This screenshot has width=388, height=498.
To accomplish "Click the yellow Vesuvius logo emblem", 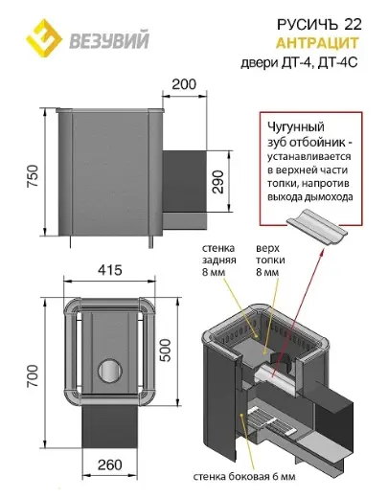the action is [x=44, y=38].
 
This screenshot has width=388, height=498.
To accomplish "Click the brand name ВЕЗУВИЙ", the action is [x=109, y=40].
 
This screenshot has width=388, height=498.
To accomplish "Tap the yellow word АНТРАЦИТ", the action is [x=317, y=43].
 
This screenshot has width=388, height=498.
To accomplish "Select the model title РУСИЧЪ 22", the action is [x=319, y=24].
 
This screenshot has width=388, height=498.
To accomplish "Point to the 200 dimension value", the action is [x=184, y=84].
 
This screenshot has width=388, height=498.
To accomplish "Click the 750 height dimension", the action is [x=33, y=176].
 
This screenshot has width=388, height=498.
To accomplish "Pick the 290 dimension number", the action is [x=218, y=182].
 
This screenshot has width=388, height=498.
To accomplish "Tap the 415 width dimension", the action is [x=110, y=270].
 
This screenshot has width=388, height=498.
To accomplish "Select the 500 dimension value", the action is [x=165, y=350].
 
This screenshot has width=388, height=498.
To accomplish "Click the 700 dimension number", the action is [x=33, y=376].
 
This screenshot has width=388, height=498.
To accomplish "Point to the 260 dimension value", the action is [x=110, y=464].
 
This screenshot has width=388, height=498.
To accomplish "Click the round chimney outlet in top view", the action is [x=110, y=371].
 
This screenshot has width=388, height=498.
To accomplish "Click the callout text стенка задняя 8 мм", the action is [x=218, y=260].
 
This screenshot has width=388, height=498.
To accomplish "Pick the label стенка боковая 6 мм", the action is [x=244, y=477].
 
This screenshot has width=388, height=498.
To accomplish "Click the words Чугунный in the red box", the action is [x=296, y=127].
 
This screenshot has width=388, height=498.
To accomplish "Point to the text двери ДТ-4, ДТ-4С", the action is [x=299, y=62].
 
